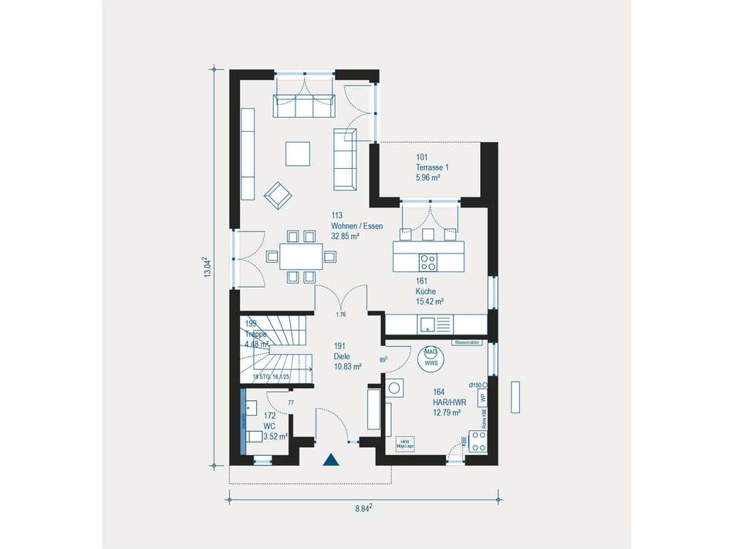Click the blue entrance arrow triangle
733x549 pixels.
click(x=331, y=460)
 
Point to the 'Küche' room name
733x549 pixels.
click(x=425, y=291)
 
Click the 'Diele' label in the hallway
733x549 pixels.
click(x=343, y=357)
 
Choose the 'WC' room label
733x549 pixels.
click(x=269, y=426)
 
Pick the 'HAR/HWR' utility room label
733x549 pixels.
click(x=449, y=402)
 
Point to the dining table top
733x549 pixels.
click(x=298, y=254)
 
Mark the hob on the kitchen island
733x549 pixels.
click(x=427, y=259)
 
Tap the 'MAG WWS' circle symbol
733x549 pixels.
click(x=430, y=356)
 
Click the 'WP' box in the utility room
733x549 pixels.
click(x=483, y=399)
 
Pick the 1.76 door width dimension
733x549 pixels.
click(x=340, y=315)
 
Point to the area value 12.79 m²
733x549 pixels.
click(x=447, y=413)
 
